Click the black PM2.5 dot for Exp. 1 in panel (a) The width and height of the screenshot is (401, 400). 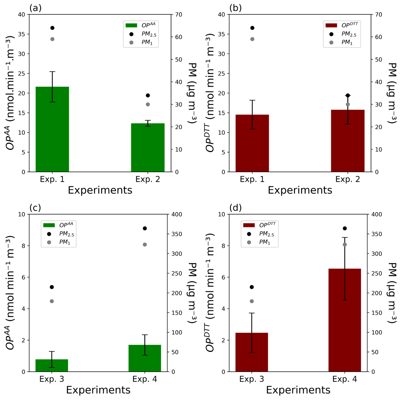[x=52, y=28]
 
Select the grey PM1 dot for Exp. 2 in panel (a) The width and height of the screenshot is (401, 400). [x=148, y=104]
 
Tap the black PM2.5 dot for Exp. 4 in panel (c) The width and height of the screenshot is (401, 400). [x=145, y=228]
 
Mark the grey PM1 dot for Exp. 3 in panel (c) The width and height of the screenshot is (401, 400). [x=52, y=301]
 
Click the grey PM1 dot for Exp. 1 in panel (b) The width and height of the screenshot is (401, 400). [x=252, y=39]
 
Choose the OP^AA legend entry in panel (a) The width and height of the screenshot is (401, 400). [x=140, y=25]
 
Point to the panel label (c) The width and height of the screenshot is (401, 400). [x=35, y=208]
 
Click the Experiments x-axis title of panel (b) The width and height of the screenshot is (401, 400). [x=300, y=190]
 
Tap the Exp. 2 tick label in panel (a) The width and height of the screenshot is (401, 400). [x=148, y=179]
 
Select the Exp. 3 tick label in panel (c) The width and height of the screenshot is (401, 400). [x=52, y=379]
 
